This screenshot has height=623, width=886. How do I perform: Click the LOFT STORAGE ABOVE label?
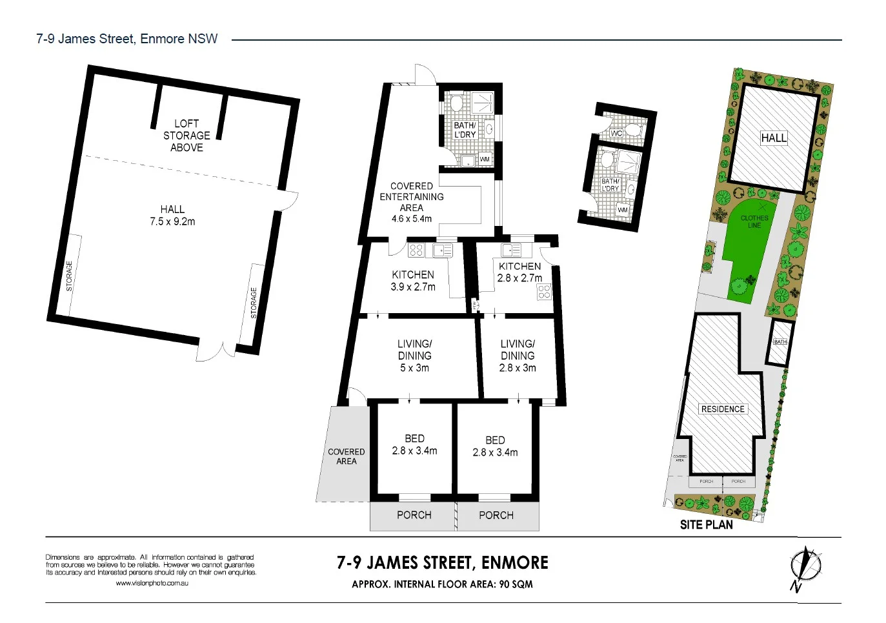(x=186, y=136)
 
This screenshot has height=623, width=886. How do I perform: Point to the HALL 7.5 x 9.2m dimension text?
(x=172, y=216)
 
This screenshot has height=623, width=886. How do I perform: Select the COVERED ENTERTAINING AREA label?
(x=412, y=201)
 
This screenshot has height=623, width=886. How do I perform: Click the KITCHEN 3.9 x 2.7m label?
(x=413, y=281)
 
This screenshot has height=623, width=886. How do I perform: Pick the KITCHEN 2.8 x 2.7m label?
(x=519, y=272)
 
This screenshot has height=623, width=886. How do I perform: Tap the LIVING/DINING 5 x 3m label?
(x=414, y=356)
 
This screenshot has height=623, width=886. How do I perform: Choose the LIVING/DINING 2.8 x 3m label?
(x=518, y=356)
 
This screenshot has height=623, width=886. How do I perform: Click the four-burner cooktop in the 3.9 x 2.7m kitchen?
(x=416, y=250)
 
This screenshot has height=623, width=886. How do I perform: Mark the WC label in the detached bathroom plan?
(x=616, y=133)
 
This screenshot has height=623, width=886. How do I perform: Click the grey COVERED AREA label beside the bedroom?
(x=347, y=456)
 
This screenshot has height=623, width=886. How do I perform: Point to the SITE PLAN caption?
(x=706, y=525)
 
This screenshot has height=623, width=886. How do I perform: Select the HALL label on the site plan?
(x=774, y=138)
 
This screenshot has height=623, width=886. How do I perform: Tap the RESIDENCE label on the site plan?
(x=723, y=409)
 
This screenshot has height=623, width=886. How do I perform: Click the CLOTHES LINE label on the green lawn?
(x=754, y=221)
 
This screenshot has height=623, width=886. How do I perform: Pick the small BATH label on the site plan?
(x=780, y=342)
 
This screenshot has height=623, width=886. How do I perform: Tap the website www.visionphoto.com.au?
(x=152, y=584)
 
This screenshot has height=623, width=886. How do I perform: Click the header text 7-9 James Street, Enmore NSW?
(x=127, y=39)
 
